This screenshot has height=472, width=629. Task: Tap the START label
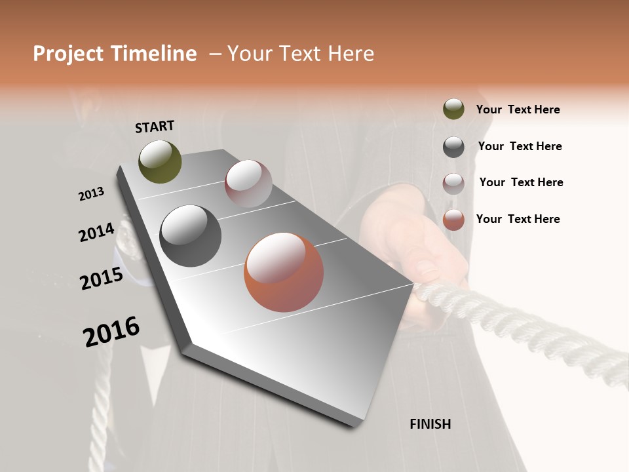point(155,127)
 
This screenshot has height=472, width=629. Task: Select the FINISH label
point(430,424)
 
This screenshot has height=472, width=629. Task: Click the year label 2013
point(91,194)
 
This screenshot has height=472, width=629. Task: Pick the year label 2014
point(96,232)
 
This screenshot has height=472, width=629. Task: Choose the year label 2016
point(111,332)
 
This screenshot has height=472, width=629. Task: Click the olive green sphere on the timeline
point(160,161)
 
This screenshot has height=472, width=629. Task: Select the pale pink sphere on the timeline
point(248,184)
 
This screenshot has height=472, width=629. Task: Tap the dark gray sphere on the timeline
point(190,236)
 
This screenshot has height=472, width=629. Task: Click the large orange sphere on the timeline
point(284,272)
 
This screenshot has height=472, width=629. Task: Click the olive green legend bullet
point(453,109)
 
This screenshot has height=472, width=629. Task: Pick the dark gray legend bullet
point(453,147)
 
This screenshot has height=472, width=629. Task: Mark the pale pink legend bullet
point(453,184)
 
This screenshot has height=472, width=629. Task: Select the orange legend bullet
point(453,220)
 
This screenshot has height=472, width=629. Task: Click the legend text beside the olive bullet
point(518,109)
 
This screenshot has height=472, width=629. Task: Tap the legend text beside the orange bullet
point(518,219)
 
